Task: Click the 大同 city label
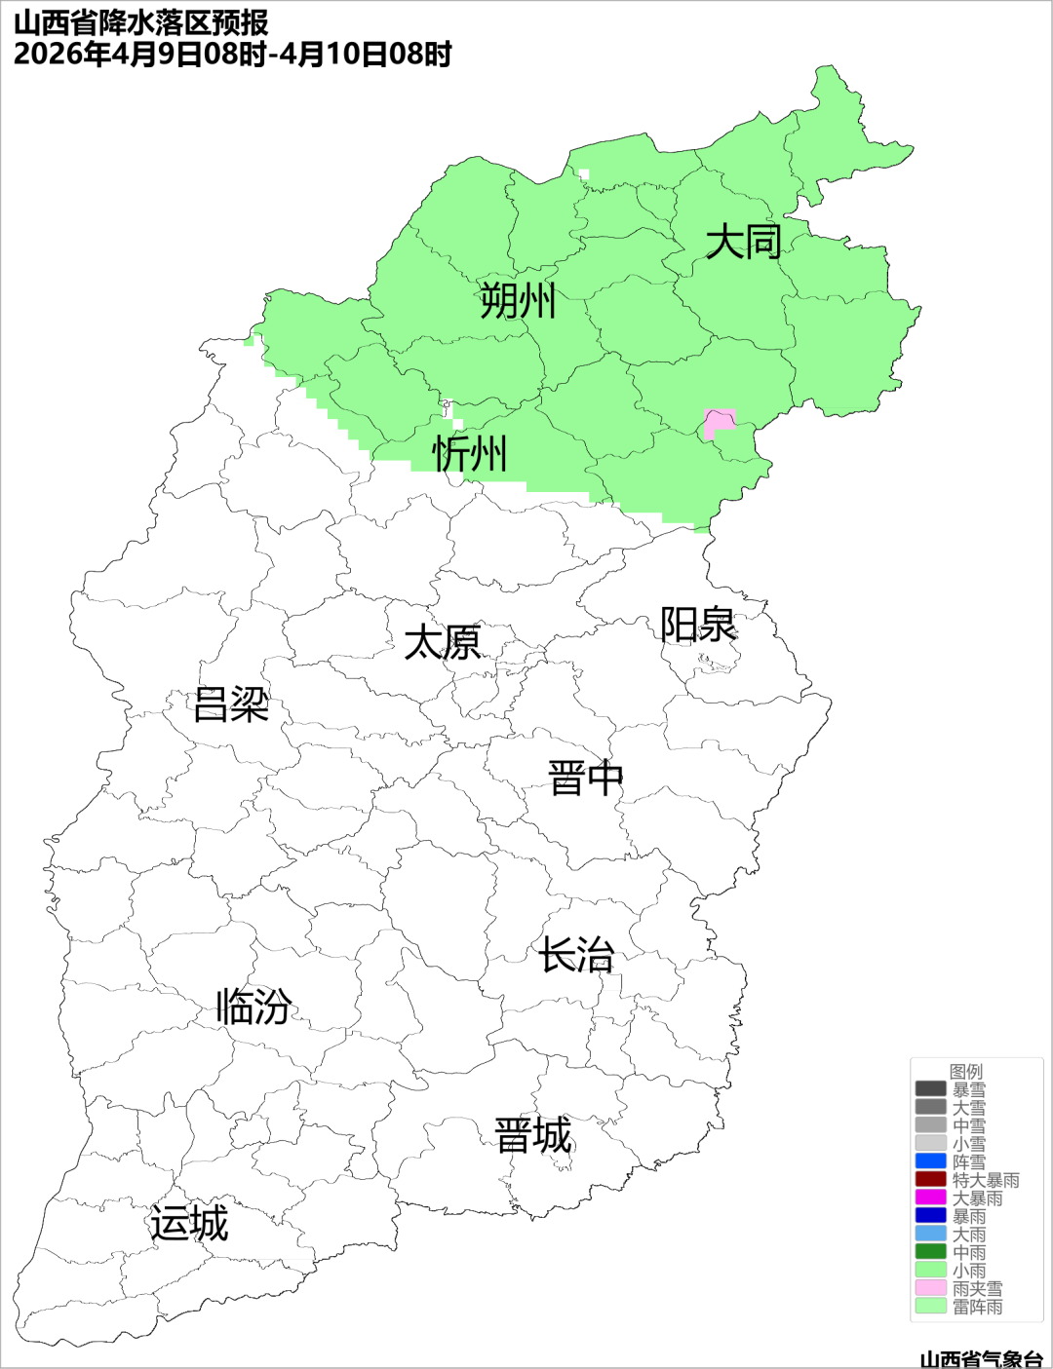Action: click(743, 241)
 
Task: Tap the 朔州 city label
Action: click(518, 300)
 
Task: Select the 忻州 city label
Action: click(470, 453)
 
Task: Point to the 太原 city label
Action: click(443, 643)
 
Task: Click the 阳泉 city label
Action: click(698, 625)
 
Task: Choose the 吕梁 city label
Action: click(231, 704)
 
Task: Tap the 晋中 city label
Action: click(585, 779)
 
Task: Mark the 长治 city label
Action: click(576, 955)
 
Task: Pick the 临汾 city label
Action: click(253, 1006)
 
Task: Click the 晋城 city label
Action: click(533, 1136)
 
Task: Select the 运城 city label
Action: click(189, 1223)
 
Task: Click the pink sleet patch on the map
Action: click(719, 423)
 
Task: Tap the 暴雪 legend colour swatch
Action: click(930, 1089)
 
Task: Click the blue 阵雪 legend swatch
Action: click(930, 1161)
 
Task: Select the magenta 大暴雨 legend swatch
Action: click(930, 1198)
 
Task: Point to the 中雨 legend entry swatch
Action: click(930, 1252)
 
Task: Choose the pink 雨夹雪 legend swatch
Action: click(930, 1288)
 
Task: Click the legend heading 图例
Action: click(966, 1071)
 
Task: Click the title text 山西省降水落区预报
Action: click(141, 22)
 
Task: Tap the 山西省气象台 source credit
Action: click(981, 1358)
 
